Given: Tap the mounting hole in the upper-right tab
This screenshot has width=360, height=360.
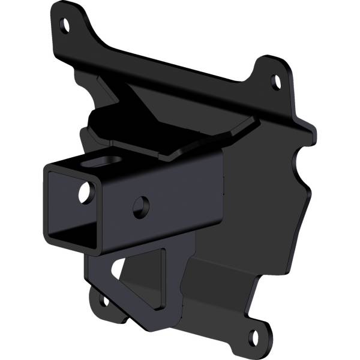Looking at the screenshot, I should click(276, 80).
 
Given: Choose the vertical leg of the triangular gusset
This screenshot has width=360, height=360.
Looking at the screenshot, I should click(171, 282).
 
